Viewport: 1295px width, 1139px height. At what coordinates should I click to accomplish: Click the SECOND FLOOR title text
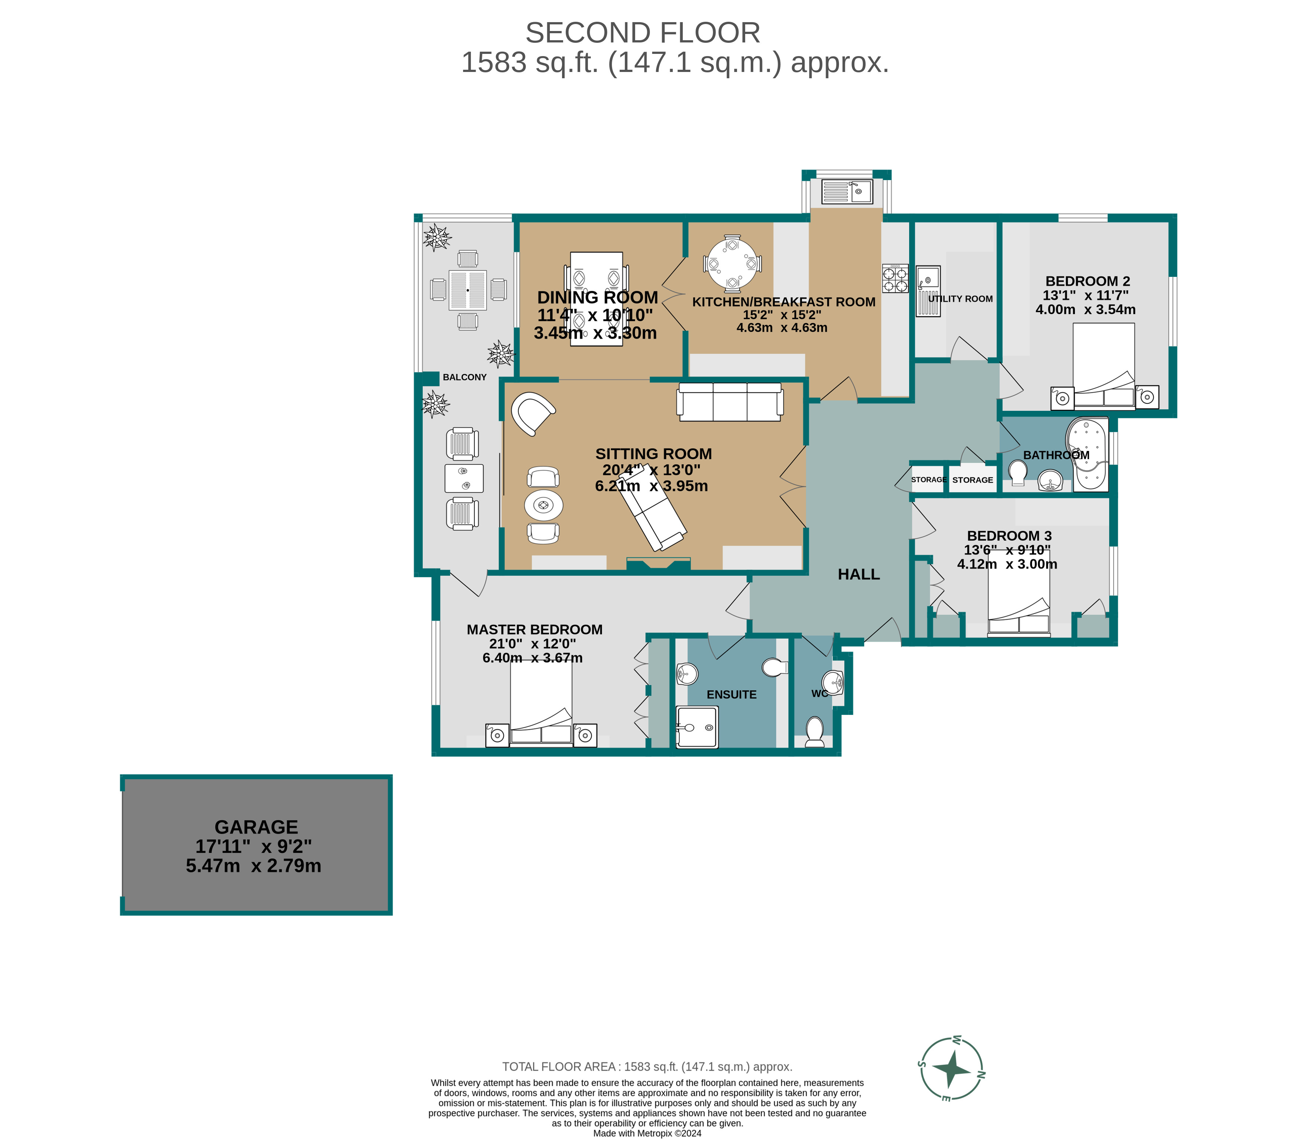[643, 33]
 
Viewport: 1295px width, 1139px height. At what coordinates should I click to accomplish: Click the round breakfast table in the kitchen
[732, 264]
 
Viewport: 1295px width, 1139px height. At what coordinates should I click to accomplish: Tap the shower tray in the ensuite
[697, 727]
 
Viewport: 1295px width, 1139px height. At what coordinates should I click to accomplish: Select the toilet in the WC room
[814, 731]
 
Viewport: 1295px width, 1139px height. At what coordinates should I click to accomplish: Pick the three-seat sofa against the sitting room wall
[730, 402]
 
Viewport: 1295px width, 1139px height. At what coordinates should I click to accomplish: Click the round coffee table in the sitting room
[544, 505]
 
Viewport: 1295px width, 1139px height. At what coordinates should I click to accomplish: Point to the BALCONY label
[465, 377]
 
